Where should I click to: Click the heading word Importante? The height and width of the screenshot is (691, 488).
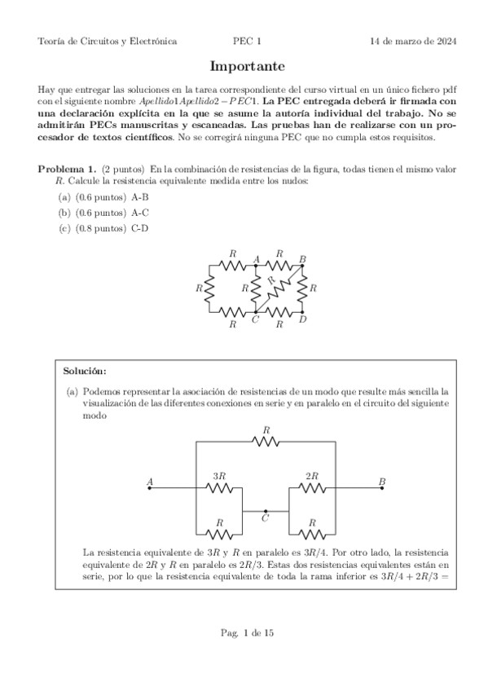coord(243,66)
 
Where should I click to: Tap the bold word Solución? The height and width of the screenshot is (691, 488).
coord(84,371)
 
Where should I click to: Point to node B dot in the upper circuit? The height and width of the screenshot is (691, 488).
coord(302,265)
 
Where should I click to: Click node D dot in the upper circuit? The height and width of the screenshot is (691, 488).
coord(302,312)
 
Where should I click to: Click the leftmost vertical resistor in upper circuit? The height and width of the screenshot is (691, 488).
coord(209,288)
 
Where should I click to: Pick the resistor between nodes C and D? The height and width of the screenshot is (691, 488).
coord(279,312)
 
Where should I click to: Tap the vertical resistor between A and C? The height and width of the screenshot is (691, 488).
coord(256,288)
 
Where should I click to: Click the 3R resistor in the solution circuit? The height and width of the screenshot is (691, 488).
coord(219,488)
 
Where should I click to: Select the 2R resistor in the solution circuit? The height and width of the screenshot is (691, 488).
coord(311,488)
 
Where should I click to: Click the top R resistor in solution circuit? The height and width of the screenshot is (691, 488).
coord(266,442)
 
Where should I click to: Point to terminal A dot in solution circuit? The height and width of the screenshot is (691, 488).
coord(150,488)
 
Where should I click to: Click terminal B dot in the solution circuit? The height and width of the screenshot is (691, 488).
coord(381,488)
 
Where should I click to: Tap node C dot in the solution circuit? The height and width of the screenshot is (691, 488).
coord(266,511)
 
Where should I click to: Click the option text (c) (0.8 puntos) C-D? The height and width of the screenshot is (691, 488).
coord(103,228)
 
